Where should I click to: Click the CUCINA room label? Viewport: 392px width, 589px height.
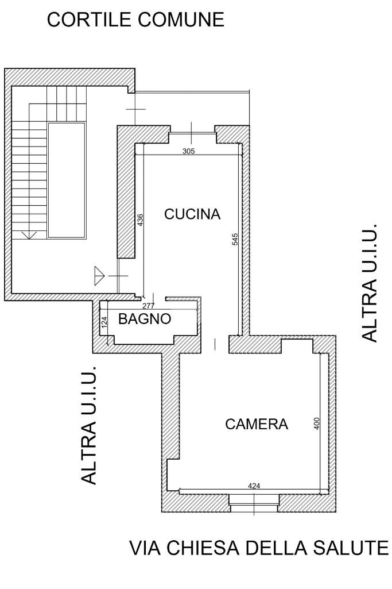[192, 214]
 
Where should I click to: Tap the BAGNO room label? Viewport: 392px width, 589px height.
[145, 319]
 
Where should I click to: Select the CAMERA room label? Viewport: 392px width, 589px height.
[257, 424]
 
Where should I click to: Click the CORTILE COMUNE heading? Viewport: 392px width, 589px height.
[135, 20]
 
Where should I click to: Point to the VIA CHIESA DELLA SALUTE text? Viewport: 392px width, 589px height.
[259, 548]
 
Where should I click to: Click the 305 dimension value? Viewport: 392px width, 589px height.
[189, 151]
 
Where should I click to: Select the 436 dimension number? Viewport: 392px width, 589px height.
[140, 220]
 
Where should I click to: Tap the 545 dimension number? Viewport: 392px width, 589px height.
[235, 239]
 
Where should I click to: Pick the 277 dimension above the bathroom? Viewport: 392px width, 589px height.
[149, 306]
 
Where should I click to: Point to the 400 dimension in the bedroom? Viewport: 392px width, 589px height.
[316, 424]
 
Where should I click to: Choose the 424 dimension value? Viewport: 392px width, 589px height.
[254, 486]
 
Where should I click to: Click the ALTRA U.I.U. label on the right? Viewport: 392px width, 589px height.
[369, 283]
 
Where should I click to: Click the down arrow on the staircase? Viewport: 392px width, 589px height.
[29, 235]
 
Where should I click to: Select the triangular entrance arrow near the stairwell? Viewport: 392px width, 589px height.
[99, 276]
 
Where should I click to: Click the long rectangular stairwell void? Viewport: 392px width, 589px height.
[67, 180]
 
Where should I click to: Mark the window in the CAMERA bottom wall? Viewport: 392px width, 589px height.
[254, 503]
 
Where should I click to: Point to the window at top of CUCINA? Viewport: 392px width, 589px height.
[192, 132]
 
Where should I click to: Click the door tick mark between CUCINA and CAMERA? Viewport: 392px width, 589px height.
[215, 344]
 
